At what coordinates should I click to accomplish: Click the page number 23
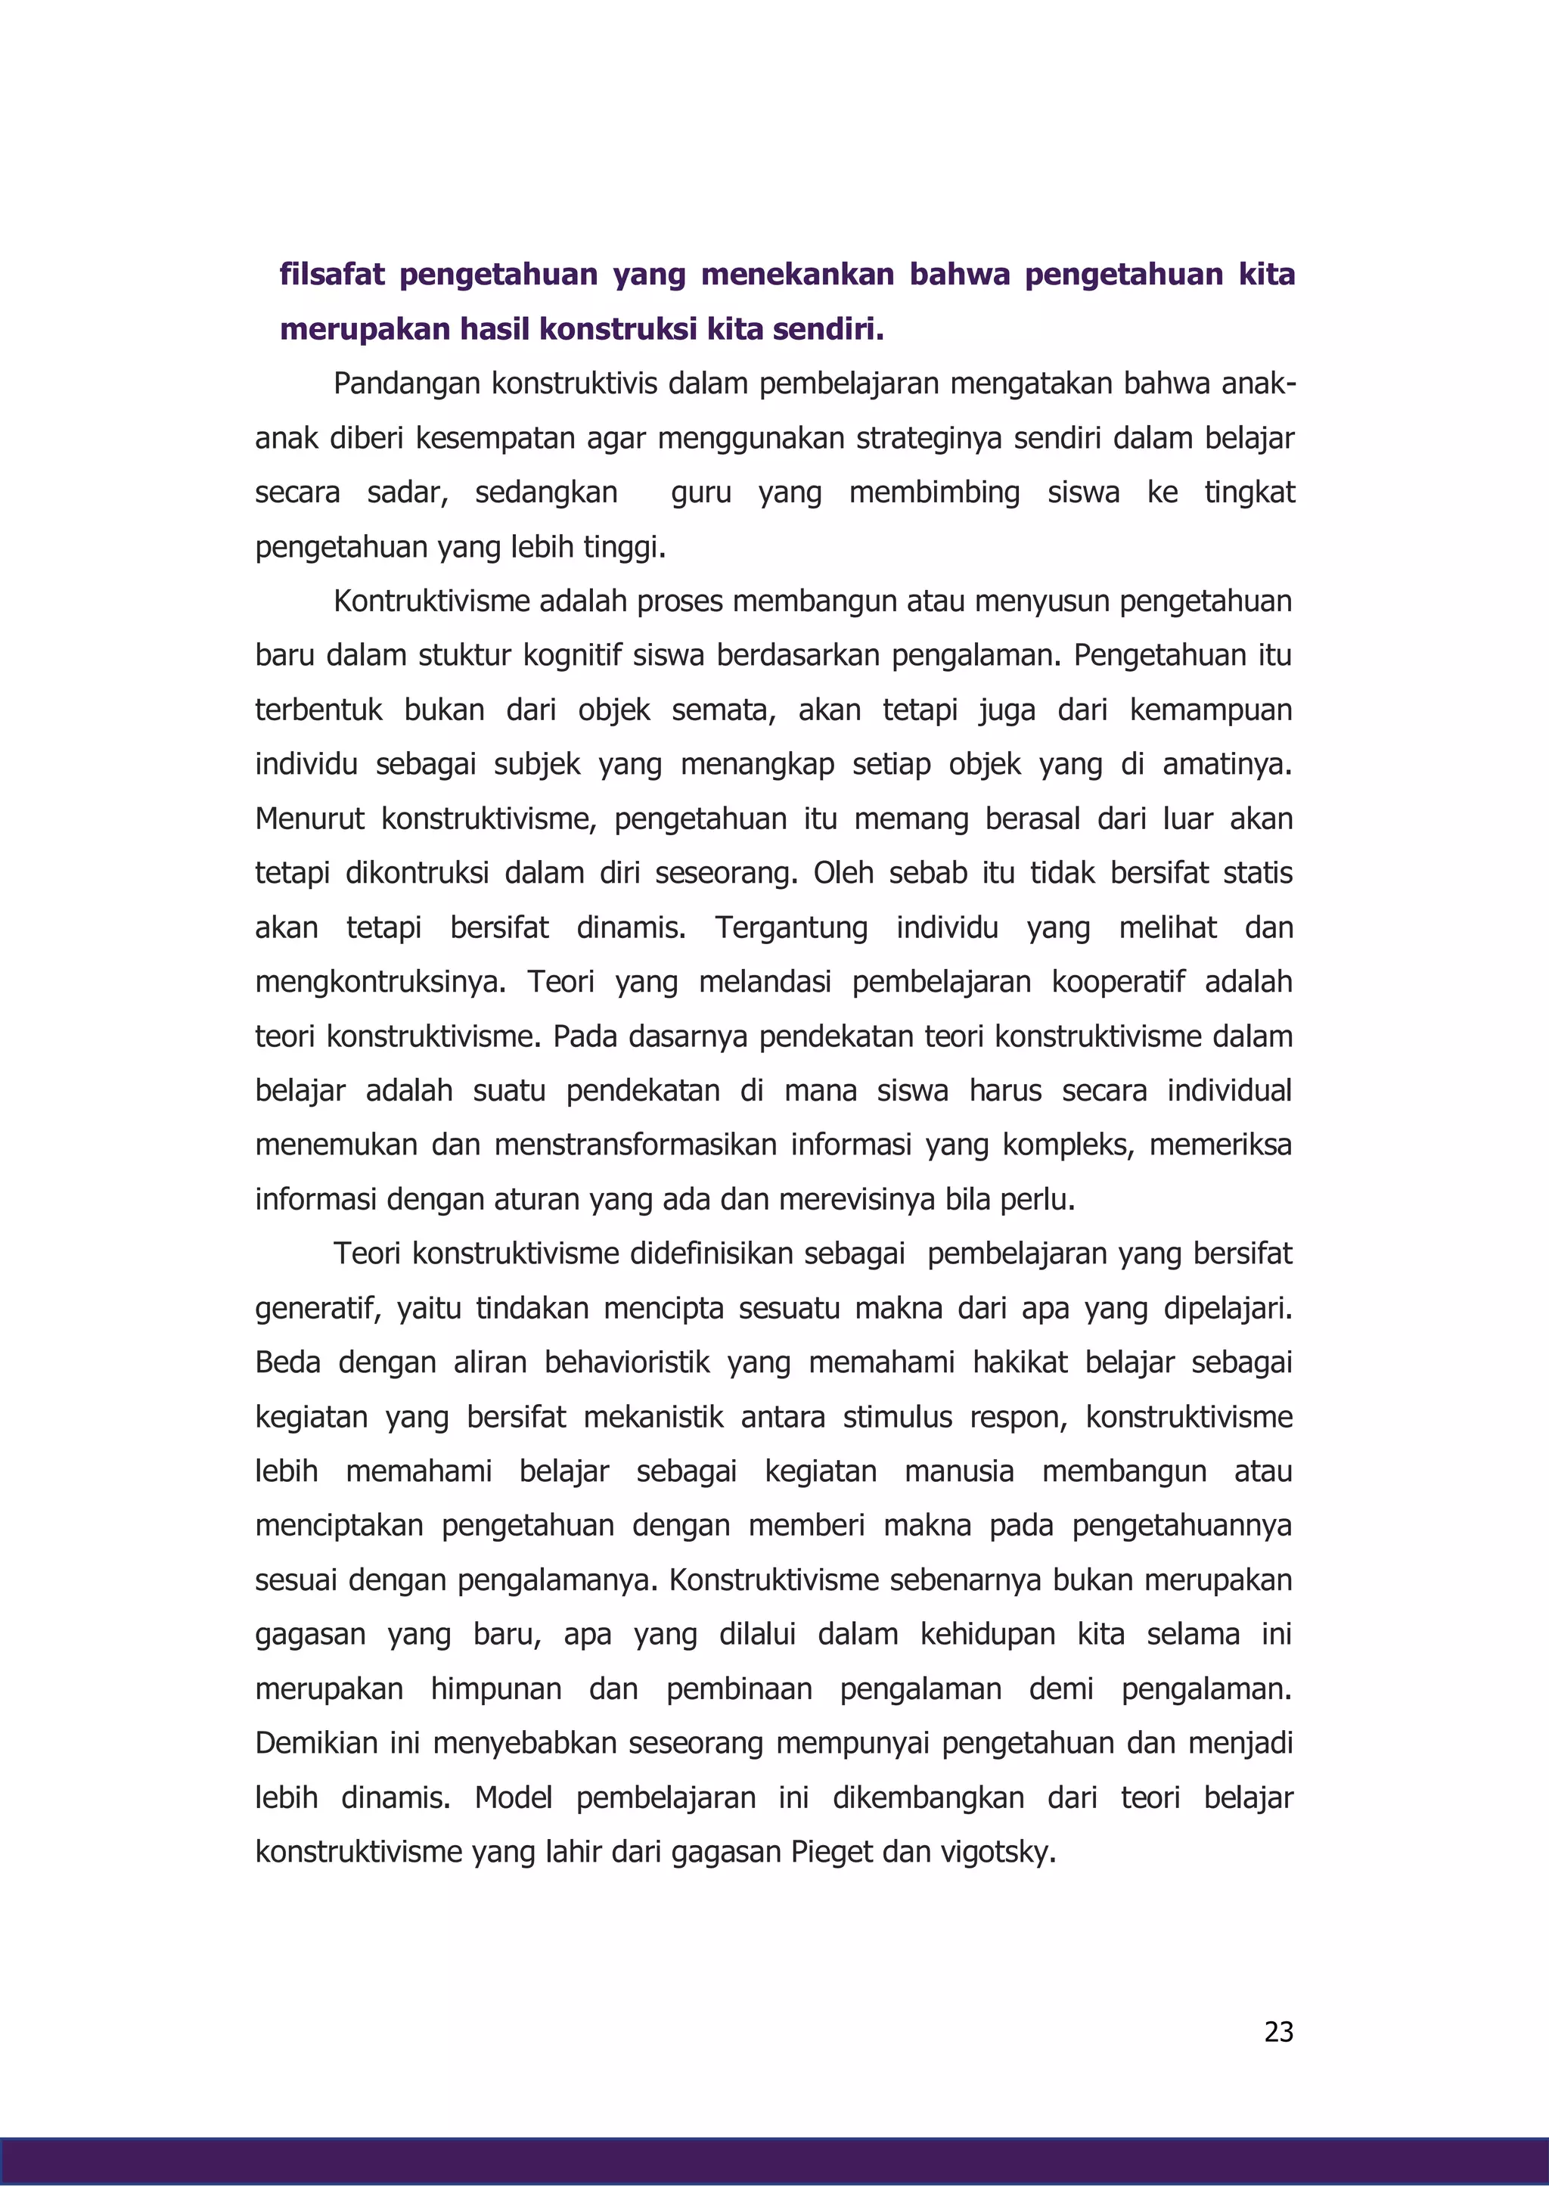(x=1278, y=2031)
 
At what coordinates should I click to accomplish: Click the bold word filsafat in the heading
(x=332, y=275)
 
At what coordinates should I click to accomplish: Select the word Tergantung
(x=790, y=928)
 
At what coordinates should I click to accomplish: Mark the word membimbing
(x=934, y=492)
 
